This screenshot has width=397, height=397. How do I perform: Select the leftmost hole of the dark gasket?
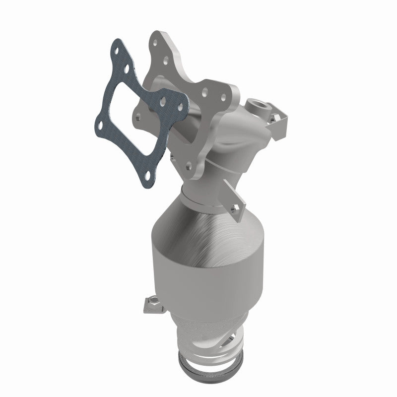tap(101, 126)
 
